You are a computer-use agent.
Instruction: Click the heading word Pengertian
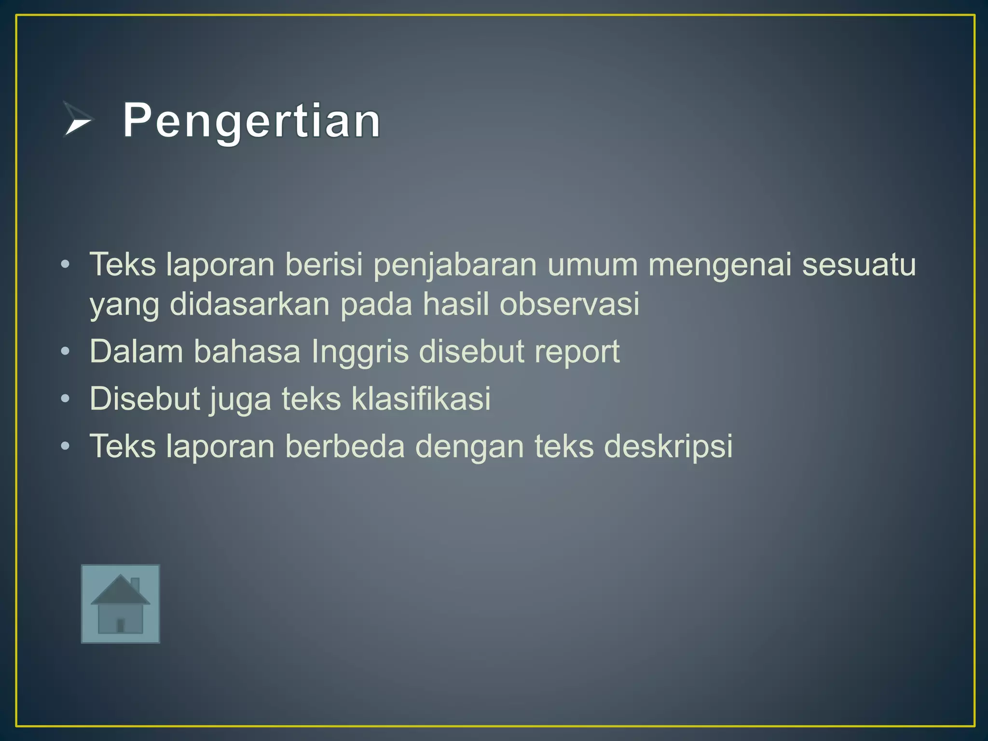251,121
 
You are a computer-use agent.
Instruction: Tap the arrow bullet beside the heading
77,119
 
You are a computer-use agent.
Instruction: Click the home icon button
120,604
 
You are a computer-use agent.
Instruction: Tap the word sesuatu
859,265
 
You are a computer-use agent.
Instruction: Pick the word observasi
569,304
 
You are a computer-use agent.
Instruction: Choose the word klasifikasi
421,398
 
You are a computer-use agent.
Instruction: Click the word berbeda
345,446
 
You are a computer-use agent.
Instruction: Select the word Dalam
136,351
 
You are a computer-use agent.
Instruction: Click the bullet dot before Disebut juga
66,399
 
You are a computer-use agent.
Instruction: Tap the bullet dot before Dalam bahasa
66,351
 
